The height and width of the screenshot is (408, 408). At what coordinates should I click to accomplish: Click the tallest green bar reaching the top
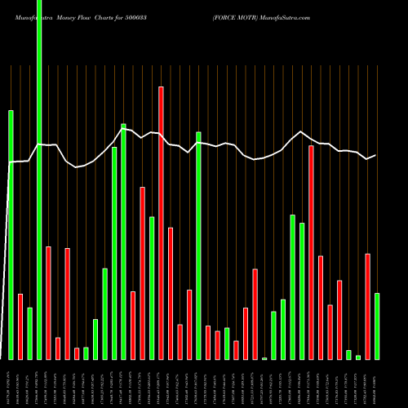(x=39, y=180)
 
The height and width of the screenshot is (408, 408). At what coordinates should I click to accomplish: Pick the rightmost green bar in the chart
(x=377, y=326)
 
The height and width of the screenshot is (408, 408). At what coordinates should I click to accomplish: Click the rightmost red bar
(x=368, y=306)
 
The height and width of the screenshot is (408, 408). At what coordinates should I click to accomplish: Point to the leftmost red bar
(x=20, y=326)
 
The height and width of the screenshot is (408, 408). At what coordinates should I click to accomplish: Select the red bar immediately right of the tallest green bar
(x=48, y=302)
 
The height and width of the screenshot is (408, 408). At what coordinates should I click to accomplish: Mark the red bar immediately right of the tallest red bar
(x=171, y=293)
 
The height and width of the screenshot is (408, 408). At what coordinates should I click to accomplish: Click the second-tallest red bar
(x=312, y=252)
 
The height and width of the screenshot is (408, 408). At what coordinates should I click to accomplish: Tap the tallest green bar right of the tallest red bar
(x=198, y=245)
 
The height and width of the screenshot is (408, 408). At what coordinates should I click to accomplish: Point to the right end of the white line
(x=375, y=155)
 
